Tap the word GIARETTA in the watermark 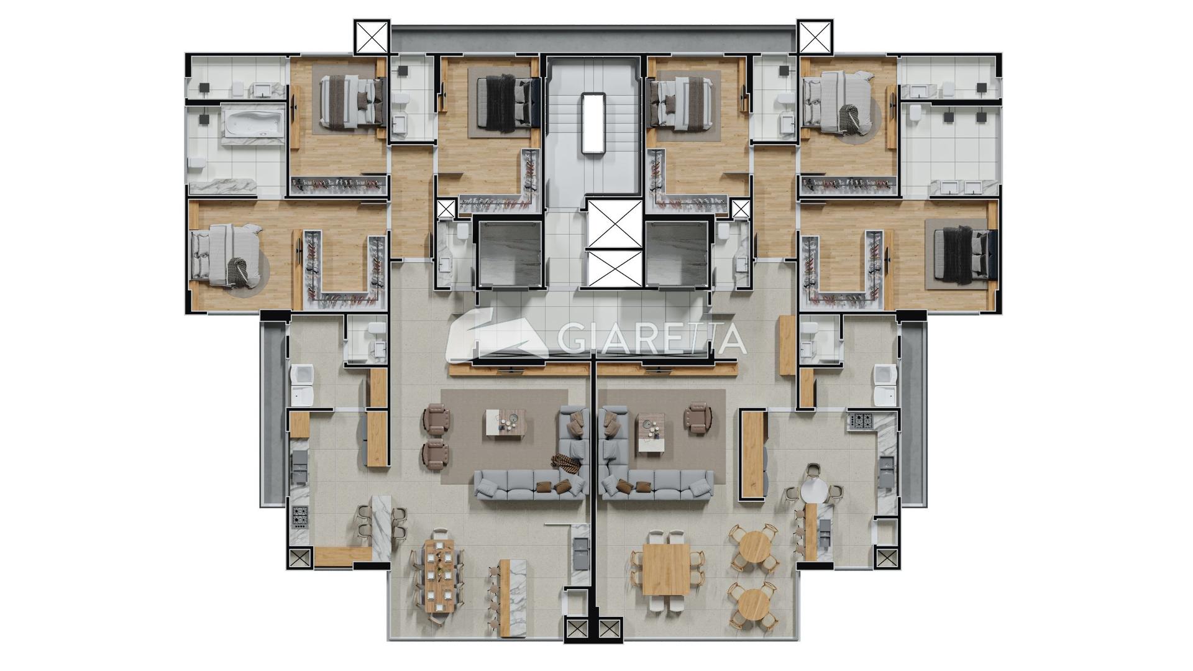pyautogui.click(x=651, y=338)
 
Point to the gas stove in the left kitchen pyautogui.click(x=300, y=516)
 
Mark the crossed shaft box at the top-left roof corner pyautogui.click(x=372, y=37)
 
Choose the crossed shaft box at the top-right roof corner pyautogui.click(x=815, y=37)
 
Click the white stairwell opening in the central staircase pyautogui.click(x=593, y=122)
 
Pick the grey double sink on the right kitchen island pyautogui.click(x=825, y=532)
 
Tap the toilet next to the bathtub pyautogui.click(x=198, y=163)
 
